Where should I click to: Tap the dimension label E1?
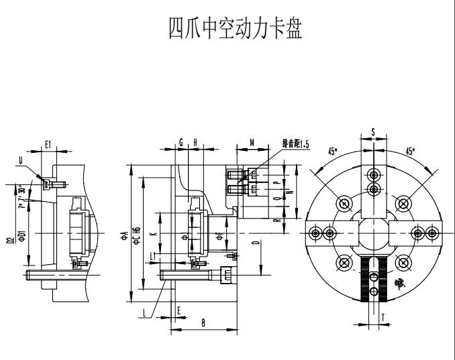[x=48, y=143]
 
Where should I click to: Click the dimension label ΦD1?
[x=22, y=237]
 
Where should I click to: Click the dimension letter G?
[x=181, y=143]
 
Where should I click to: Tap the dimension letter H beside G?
[x=195, y=143]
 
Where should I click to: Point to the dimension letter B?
[x=203, y=322]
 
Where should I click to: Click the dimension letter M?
[x=251, y=143]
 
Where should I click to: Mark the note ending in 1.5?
[x=295, y=143]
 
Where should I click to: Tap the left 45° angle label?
[x=332, y=152]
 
